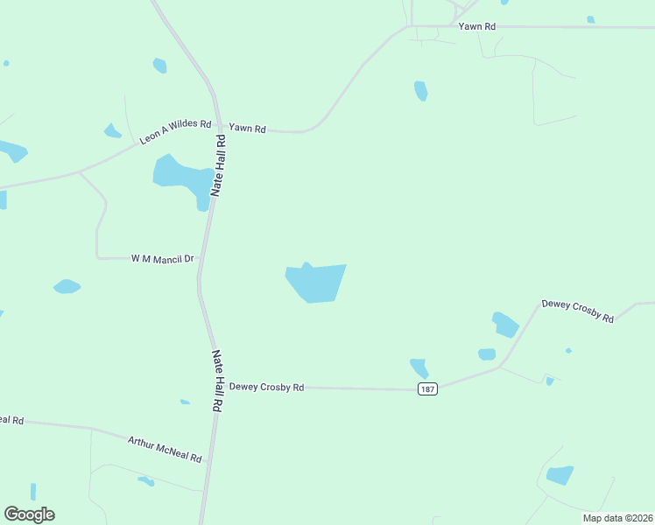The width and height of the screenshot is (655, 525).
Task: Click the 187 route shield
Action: pos(427,388)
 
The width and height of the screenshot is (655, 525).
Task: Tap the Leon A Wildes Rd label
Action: pos(175,132)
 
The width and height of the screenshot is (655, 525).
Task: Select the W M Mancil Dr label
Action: pos(162,259)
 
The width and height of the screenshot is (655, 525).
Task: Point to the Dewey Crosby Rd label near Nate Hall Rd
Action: pos(266,387)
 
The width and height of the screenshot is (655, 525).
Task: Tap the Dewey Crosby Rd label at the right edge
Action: pos(578,311)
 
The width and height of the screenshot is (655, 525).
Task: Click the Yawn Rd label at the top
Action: pos(478,27)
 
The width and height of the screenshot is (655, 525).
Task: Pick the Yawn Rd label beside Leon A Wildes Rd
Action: pos(247,129)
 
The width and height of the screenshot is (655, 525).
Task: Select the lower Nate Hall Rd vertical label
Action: pos(217,381)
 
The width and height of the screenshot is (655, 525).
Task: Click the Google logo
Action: pos(30,514)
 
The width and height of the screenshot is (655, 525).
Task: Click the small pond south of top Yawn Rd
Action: pos(421,90)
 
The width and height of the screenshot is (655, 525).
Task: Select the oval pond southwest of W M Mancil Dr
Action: pos(67,286)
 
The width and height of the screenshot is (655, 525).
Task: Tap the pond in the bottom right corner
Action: pos(559,475)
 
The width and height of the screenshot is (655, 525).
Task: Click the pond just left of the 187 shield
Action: pos(419,367)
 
